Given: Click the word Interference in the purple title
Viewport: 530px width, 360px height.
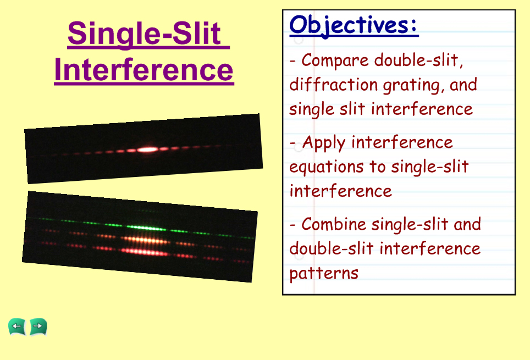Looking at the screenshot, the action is tap(144, 69).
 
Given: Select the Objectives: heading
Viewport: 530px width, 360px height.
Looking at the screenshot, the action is tap(354, 25).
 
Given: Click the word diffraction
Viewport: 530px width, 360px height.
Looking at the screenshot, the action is tap(333, 85).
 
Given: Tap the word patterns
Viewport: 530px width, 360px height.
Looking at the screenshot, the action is tap(324, 274).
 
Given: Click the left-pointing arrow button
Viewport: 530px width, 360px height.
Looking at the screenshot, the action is tap(17, 326).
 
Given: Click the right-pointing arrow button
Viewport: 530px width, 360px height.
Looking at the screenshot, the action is tap(38, 326).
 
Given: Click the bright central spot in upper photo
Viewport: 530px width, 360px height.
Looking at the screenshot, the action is tap(147, 149).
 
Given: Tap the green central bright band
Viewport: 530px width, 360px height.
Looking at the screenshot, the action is tap(146, 228).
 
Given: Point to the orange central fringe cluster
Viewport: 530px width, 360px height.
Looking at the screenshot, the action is tap(145, 240).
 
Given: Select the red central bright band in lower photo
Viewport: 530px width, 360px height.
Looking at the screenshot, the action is tap(145, 252).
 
